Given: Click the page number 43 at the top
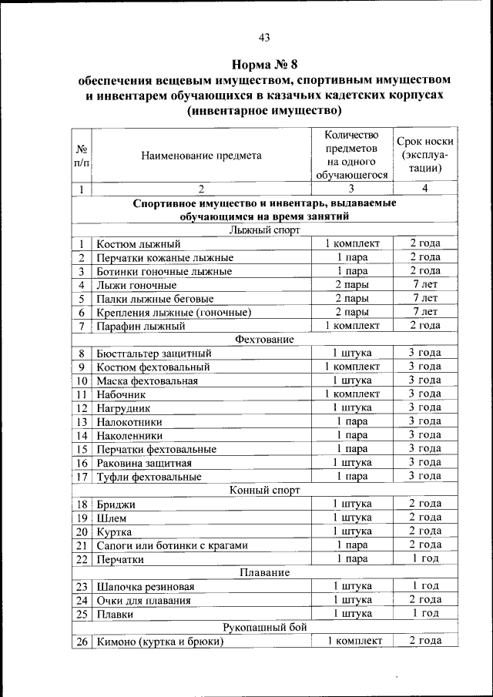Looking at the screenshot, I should pyautogui.click(x=264, y=37).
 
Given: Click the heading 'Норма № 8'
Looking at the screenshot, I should pyautogui.click(x=264, y=63).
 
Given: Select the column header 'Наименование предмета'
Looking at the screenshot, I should pyautogui.click(x=201, y=155).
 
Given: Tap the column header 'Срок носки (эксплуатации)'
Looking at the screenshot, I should pyautogui.click(x=424, y=155).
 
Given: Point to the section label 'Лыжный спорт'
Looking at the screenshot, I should pyautogui.click(x=263, y=230).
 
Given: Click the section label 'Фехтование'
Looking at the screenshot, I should pyautogui.click(x=263, y=339).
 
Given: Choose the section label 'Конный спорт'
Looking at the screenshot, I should pyautogui.click(x=263, y=489).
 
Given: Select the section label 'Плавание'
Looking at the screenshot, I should pyautogui.click(x=263, y=572).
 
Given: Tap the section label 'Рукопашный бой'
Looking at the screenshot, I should pyautogui.click(x=263, y=628).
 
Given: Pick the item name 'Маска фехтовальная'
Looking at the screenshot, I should pyautogui.click(x=147, y=380).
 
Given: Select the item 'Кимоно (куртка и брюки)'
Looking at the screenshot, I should pyautogui.click(x=159, y=642).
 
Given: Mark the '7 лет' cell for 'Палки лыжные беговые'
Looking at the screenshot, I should pyautogui.click(x=424, y=298).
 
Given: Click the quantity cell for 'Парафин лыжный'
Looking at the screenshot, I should pyautogui.click(x=351, y=326).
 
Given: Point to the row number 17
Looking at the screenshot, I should pyautogui.click(x=81, y=477).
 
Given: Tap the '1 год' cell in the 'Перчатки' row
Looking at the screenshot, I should pyautogui.click(x=424, y=558).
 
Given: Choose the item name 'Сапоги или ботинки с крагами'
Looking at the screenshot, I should pyautogui.click(x=172, y=545).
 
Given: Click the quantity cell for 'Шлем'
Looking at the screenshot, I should pyautogui.click(x=351, y=518).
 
